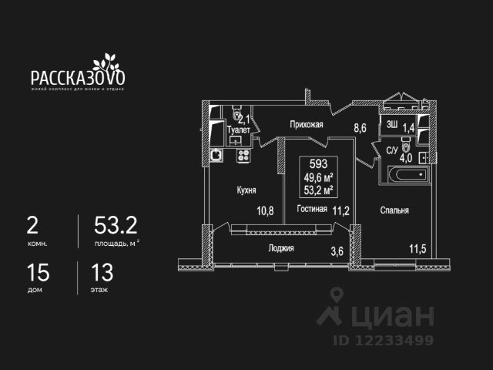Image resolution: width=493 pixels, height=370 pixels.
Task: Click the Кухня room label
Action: point(247,190)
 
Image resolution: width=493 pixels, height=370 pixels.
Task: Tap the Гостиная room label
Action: point(312,209)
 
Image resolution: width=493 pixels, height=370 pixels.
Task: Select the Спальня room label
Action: point(394,210)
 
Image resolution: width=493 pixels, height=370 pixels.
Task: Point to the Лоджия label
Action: point(281,247)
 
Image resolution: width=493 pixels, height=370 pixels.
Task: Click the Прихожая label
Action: point(306,124)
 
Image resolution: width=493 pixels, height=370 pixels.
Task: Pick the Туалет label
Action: point(240,130)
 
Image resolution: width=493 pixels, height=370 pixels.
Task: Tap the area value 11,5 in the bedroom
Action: point(417,248)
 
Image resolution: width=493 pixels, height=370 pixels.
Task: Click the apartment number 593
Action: point(317,163)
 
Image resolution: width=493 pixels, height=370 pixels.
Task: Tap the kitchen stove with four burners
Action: point(243,156)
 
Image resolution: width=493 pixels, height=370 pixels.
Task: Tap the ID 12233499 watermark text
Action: point(383,339)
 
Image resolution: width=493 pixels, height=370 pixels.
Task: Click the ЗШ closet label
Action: point(391,125)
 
